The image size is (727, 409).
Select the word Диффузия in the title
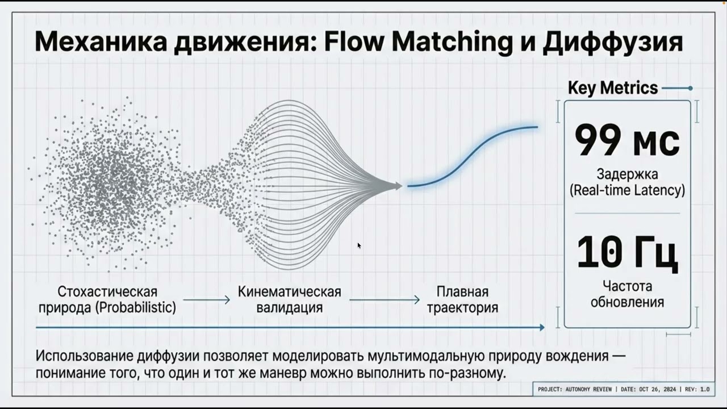point(613,43)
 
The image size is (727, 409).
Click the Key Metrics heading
point(613,88)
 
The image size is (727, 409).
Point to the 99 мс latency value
point(627,140)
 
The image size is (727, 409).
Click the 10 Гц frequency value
point(627,253)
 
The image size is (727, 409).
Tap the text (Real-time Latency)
point(627,190)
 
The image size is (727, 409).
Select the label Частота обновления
point(627,294)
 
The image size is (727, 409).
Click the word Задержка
point(627,174)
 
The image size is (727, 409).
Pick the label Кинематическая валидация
point(290,299)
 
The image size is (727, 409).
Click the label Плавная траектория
point(462,299)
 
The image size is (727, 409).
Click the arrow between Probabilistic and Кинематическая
point(206,300)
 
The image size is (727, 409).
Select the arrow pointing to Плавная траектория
point(385,300)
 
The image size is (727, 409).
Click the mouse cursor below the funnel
point(359,245)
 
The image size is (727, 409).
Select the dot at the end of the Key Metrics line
point(690,88)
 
